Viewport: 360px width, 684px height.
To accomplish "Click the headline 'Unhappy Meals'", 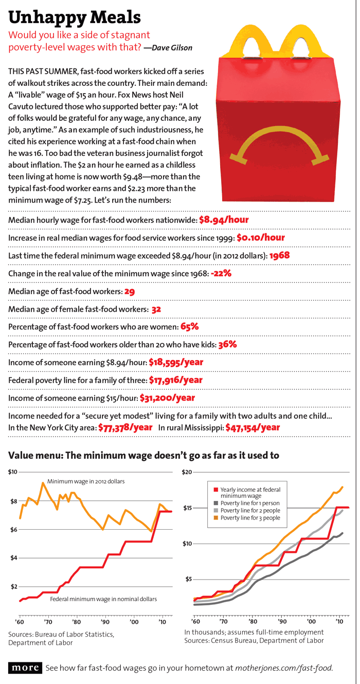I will point(75,18).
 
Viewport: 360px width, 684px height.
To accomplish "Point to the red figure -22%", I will point(221,274).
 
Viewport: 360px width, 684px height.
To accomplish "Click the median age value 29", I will point(130,292).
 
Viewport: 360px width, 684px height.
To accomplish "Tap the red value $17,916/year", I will point(175,381).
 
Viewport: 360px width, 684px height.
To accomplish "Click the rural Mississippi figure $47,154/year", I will point(253,427).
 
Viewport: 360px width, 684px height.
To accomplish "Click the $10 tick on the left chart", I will point(13,472).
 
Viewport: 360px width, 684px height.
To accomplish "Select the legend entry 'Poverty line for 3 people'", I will point(250,518).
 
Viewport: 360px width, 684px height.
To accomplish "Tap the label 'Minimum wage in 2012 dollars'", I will point(86,481).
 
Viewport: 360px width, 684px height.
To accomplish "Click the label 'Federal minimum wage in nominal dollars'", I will point(103,599).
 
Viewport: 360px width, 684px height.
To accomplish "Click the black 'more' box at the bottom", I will point(25,668).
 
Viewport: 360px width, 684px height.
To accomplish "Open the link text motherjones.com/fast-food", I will point(284,668).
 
